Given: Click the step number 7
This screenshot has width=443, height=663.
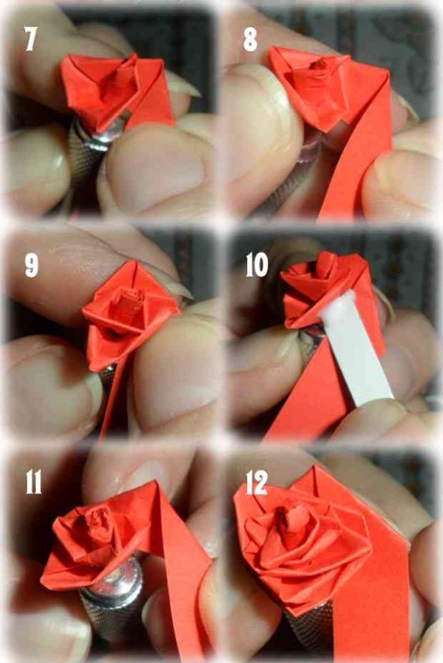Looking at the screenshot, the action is [x=31, y=38].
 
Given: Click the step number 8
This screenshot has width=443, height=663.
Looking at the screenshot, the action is [x=250, y=39].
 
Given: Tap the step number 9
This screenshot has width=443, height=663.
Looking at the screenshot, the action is [x=32, y=265].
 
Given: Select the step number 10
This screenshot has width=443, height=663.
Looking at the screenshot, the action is [x=257, y=264].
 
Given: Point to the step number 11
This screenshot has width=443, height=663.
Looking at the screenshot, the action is [x=34, y=481].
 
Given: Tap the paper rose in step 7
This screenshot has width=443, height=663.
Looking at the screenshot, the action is [x=116, y=91].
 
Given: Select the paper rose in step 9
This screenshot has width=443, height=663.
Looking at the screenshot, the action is [x=131, y=313].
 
